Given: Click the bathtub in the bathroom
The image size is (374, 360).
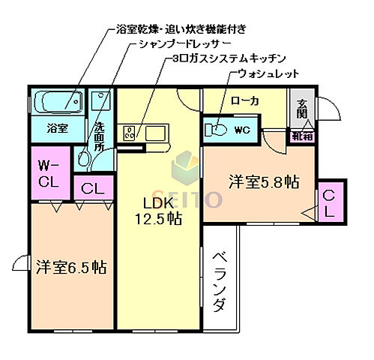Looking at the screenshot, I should click(57, 100).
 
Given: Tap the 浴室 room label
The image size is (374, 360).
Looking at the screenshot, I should click(57, 128).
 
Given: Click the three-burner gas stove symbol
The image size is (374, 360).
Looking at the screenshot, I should click(130, 133).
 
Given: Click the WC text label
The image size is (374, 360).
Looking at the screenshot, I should click(241, 130).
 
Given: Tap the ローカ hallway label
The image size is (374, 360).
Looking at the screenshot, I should click(244, 100).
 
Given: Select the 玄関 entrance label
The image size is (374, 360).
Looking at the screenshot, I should click(301, 109).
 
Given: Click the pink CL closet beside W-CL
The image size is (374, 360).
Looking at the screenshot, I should click(93, 189).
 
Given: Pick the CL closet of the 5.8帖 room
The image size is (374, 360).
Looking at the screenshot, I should click(331, 202).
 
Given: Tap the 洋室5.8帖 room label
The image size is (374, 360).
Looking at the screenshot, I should click(264, 181).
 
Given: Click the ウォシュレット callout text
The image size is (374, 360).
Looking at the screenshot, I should click(268, 73).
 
